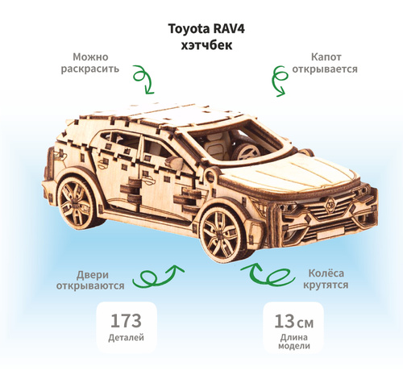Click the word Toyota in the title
pos(185,29)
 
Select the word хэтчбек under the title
pos(206,45)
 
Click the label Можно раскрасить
pos(90,63)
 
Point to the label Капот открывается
pos(325,63)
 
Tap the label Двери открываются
pos(90,280)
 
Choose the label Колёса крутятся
pos(326,279)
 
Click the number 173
pos(126,320)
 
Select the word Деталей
pos(126,338)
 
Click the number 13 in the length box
pos(285,321)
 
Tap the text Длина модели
pos(294,341)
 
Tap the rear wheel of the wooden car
pos(77,200)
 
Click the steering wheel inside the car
pos(247,152)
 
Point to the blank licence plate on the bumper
pos(330,232)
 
